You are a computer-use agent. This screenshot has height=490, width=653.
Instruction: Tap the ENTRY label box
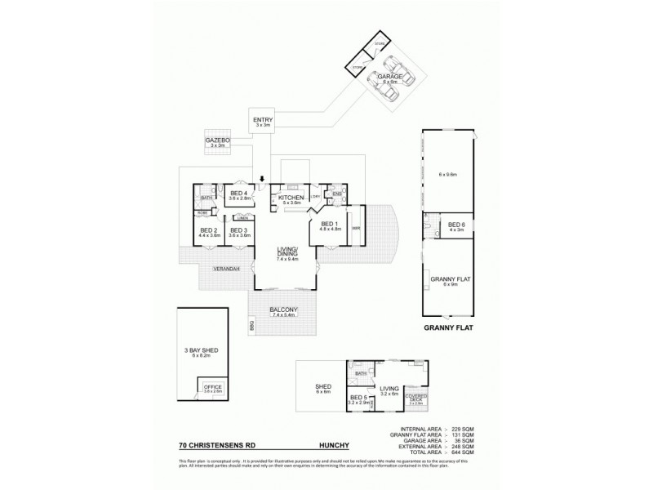(263, 121)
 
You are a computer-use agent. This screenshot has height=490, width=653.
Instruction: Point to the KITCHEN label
(291, 198)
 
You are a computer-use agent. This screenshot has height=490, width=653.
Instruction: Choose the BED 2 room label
(208, 231)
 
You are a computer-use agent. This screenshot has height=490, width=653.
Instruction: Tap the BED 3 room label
(238, 231)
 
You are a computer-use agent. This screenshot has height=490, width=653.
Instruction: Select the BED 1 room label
(329, 225)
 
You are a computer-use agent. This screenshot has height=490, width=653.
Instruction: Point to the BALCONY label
(285, 309)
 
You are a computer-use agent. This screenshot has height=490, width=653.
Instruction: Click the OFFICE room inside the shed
(212, 387)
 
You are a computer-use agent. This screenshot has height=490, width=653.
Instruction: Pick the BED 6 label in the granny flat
(455, 225)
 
